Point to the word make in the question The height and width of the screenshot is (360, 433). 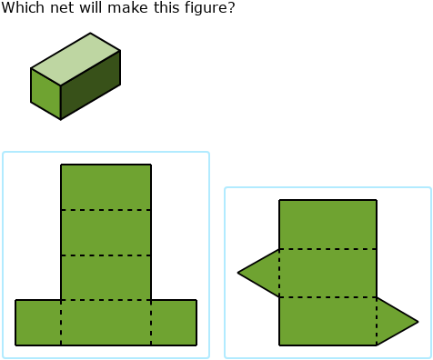pos(116,8)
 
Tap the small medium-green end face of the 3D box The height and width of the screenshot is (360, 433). pos(45,94)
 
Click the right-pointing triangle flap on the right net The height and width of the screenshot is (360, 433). pos(393,321)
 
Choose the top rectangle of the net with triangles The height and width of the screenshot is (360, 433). pos(327,224)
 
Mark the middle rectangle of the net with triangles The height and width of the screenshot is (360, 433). pos(327,273)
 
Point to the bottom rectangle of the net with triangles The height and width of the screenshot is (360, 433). pos(327,321)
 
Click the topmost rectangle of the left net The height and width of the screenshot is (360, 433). pos(106,187)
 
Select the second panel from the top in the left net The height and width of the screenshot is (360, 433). pos(106,233)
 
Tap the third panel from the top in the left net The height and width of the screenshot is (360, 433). pos(106,277)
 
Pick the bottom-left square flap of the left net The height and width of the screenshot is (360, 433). pos(38,322)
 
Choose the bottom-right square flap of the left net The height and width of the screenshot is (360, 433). pos(174,322)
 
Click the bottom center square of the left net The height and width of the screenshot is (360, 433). pos(106,322)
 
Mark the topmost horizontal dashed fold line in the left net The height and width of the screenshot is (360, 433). pos(106,210)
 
